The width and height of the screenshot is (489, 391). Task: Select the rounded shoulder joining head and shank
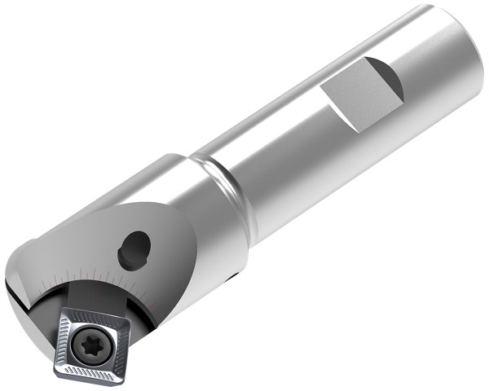coord(220,183)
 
